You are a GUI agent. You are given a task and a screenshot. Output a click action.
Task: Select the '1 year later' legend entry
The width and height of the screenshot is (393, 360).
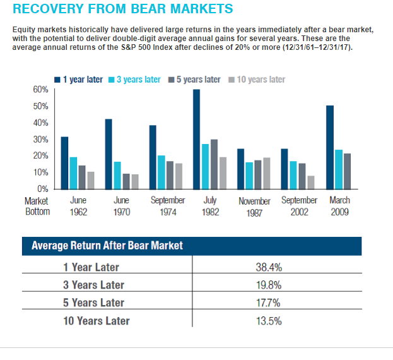[x=82, y=80]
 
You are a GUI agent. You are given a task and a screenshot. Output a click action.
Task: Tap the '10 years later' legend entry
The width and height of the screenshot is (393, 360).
[x=259, y=80]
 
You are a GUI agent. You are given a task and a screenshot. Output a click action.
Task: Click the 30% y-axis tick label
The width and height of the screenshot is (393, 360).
[x=40, y=140]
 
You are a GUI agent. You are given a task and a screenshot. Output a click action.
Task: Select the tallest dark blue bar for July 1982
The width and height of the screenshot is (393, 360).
[x=197, y=140]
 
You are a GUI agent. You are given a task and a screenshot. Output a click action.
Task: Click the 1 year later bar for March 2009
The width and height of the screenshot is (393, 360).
[x=329, y=148]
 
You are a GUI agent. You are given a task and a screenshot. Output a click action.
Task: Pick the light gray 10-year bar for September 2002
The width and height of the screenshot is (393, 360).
[x=310, y=183]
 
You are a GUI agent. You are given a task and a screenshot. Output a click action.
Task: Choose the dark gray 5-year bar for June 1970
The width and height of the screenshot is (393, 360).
[x=126, y=181]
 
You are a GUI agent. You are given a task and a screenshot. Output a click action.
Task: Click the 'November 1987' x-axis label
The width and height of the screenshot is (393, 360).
[x=255, y=207]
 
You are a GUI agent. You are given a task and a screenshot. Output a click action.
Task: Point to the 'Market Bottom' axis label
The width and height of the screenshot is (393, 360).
[x=37, y=206]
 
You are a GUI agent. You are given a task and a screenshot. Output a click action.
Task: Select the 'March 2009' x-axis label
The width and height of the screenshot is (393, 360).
[x=341, y=206]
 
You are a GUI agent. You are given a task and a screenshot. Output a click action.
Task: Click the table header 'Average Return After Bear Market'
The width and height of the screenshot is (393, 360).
[x=107, y=245]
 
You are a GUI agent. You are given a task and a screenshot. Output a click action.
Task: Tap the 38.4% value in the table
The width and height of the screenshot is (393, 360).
[x=269, y=267]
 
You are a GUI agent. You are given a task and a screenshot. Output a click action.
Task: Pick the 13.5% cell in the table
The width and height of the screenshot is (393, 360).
[x=269, y=320]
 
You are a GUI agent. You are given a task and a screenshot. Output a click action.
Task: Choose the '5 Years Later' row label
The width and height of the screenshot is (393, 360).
[x=94, y=303]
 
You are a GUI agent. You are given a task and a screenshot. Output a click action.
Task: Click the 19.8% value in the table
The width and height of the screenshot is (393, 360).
[x=269, y=285]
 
